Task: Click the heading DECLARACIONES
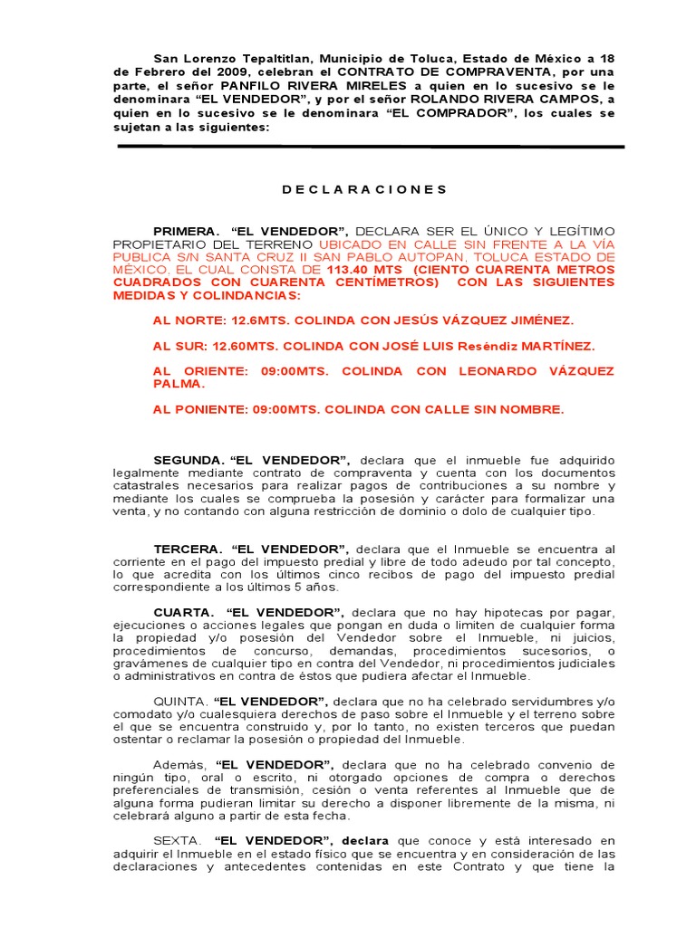(x=364, y=189)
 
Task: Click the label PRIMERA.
(x=186, y=231)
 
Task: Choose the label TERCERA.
(x=188, y=549)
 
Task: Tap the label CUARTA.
(x=184, y=612)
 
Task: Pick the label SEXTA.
(x=177, y=841)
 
